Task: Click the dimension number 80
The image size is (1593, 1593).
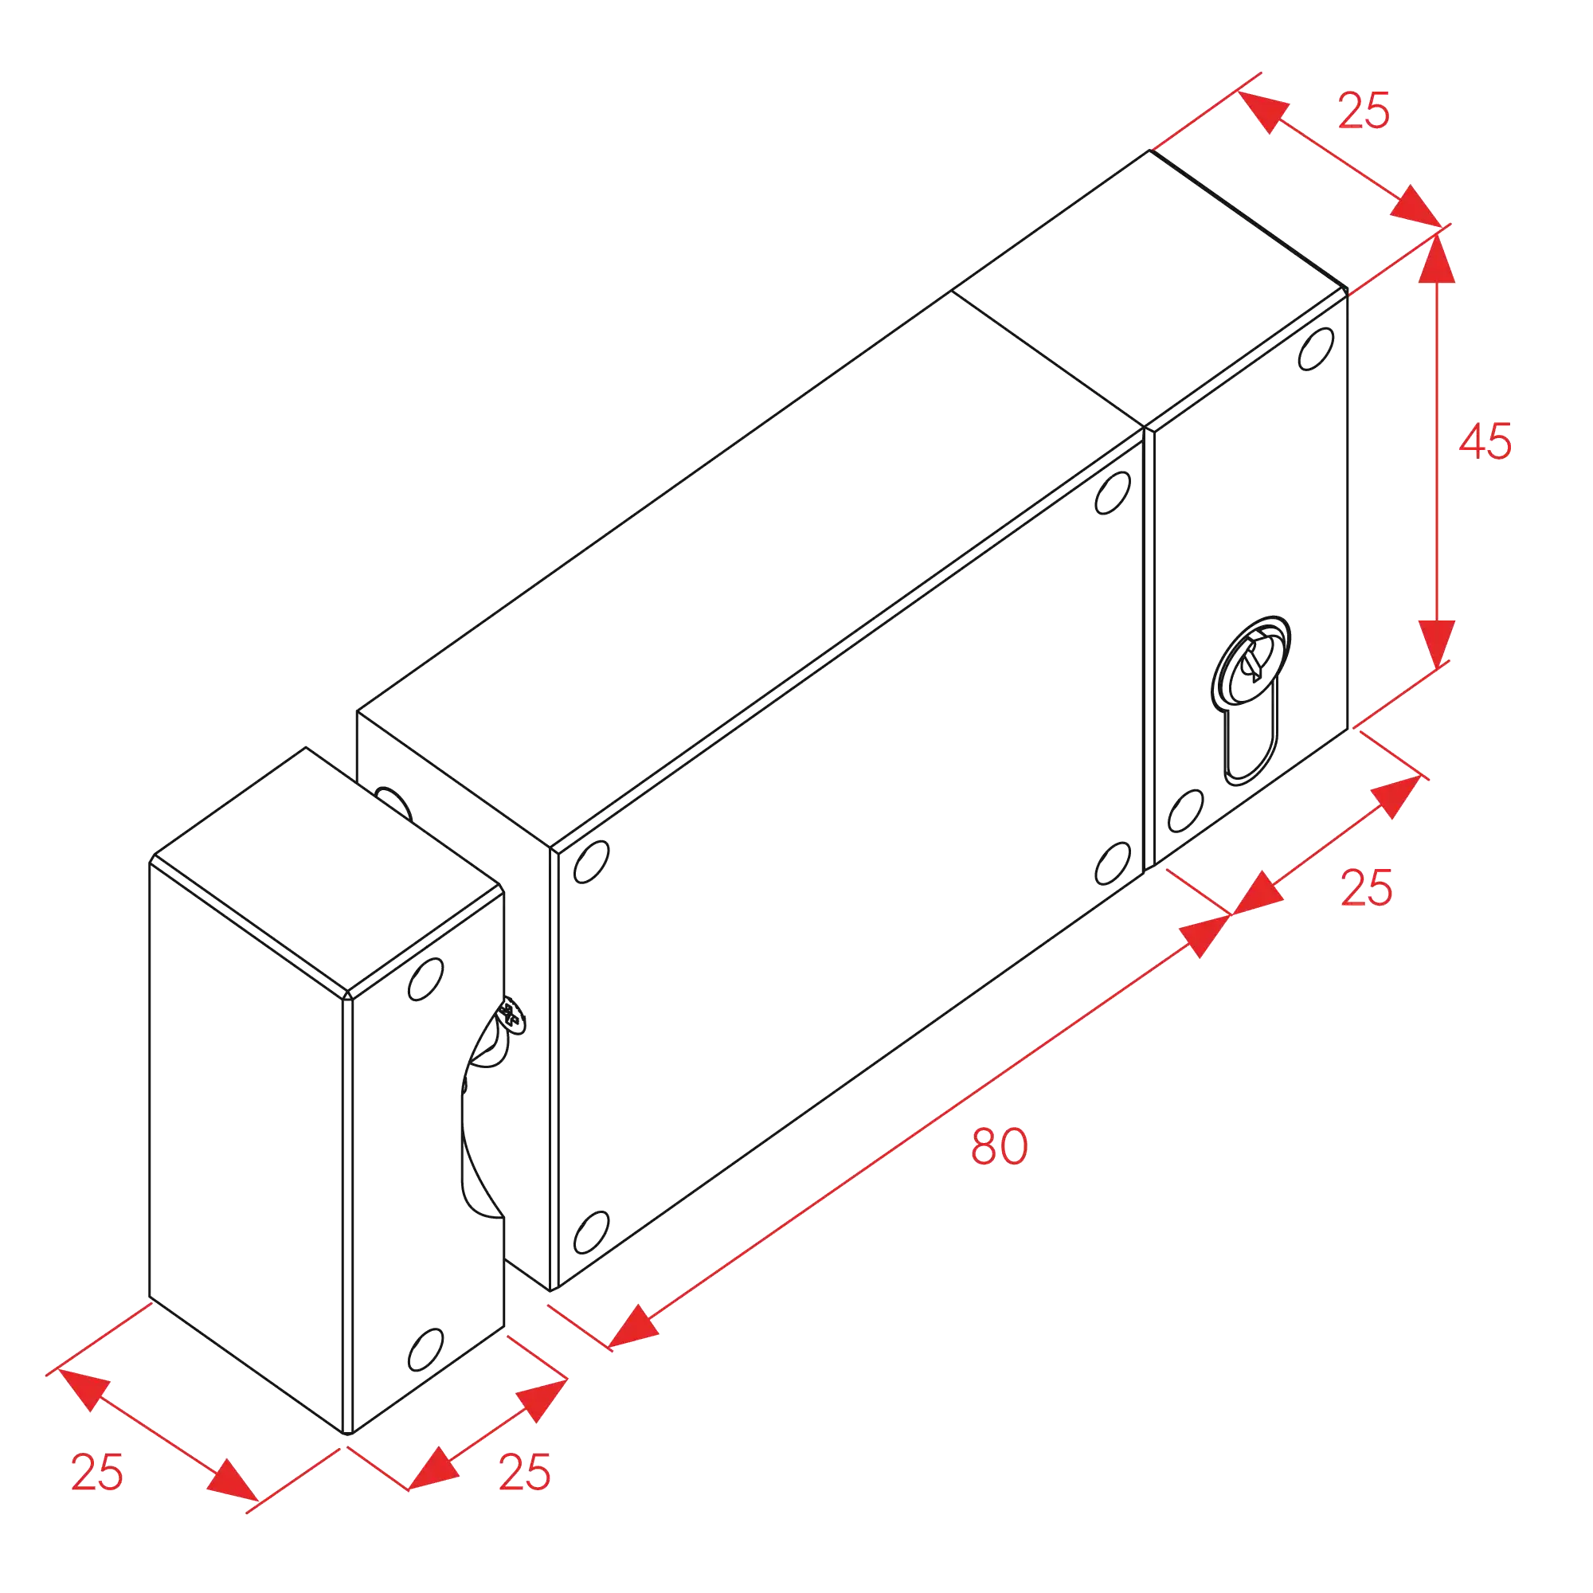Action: point(999,1146)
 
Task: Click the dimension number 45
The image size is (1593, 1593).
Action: point(1485,441)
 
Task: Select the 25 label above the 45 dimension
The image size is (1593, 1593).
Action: point(1364,111)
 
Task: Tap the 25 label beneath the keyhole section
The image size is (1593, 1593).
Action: point(1366,888)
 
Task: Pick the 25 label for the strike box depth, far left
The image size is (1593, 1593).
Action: point(97,1473)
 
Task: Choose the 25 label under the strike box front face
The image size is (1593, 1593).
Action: point(524,1473)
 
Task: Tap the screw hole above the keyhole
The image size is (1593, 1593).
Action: point(1316,349)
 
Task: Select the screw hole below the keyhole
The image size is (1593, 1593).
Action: point(1186,811)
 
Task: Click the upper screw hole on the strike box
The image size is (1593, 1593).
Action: point(425,980)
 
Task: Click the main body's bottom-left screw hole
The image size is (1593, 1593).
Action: point(591,1233)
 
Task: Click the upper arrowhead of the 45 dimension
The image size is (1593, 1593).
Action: point(1436,258)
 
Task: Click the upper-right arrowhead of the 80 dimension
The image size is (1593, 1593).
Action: point(1204,935)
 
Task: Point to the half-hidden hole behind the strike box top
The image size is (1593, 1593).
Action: point(394,803)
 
